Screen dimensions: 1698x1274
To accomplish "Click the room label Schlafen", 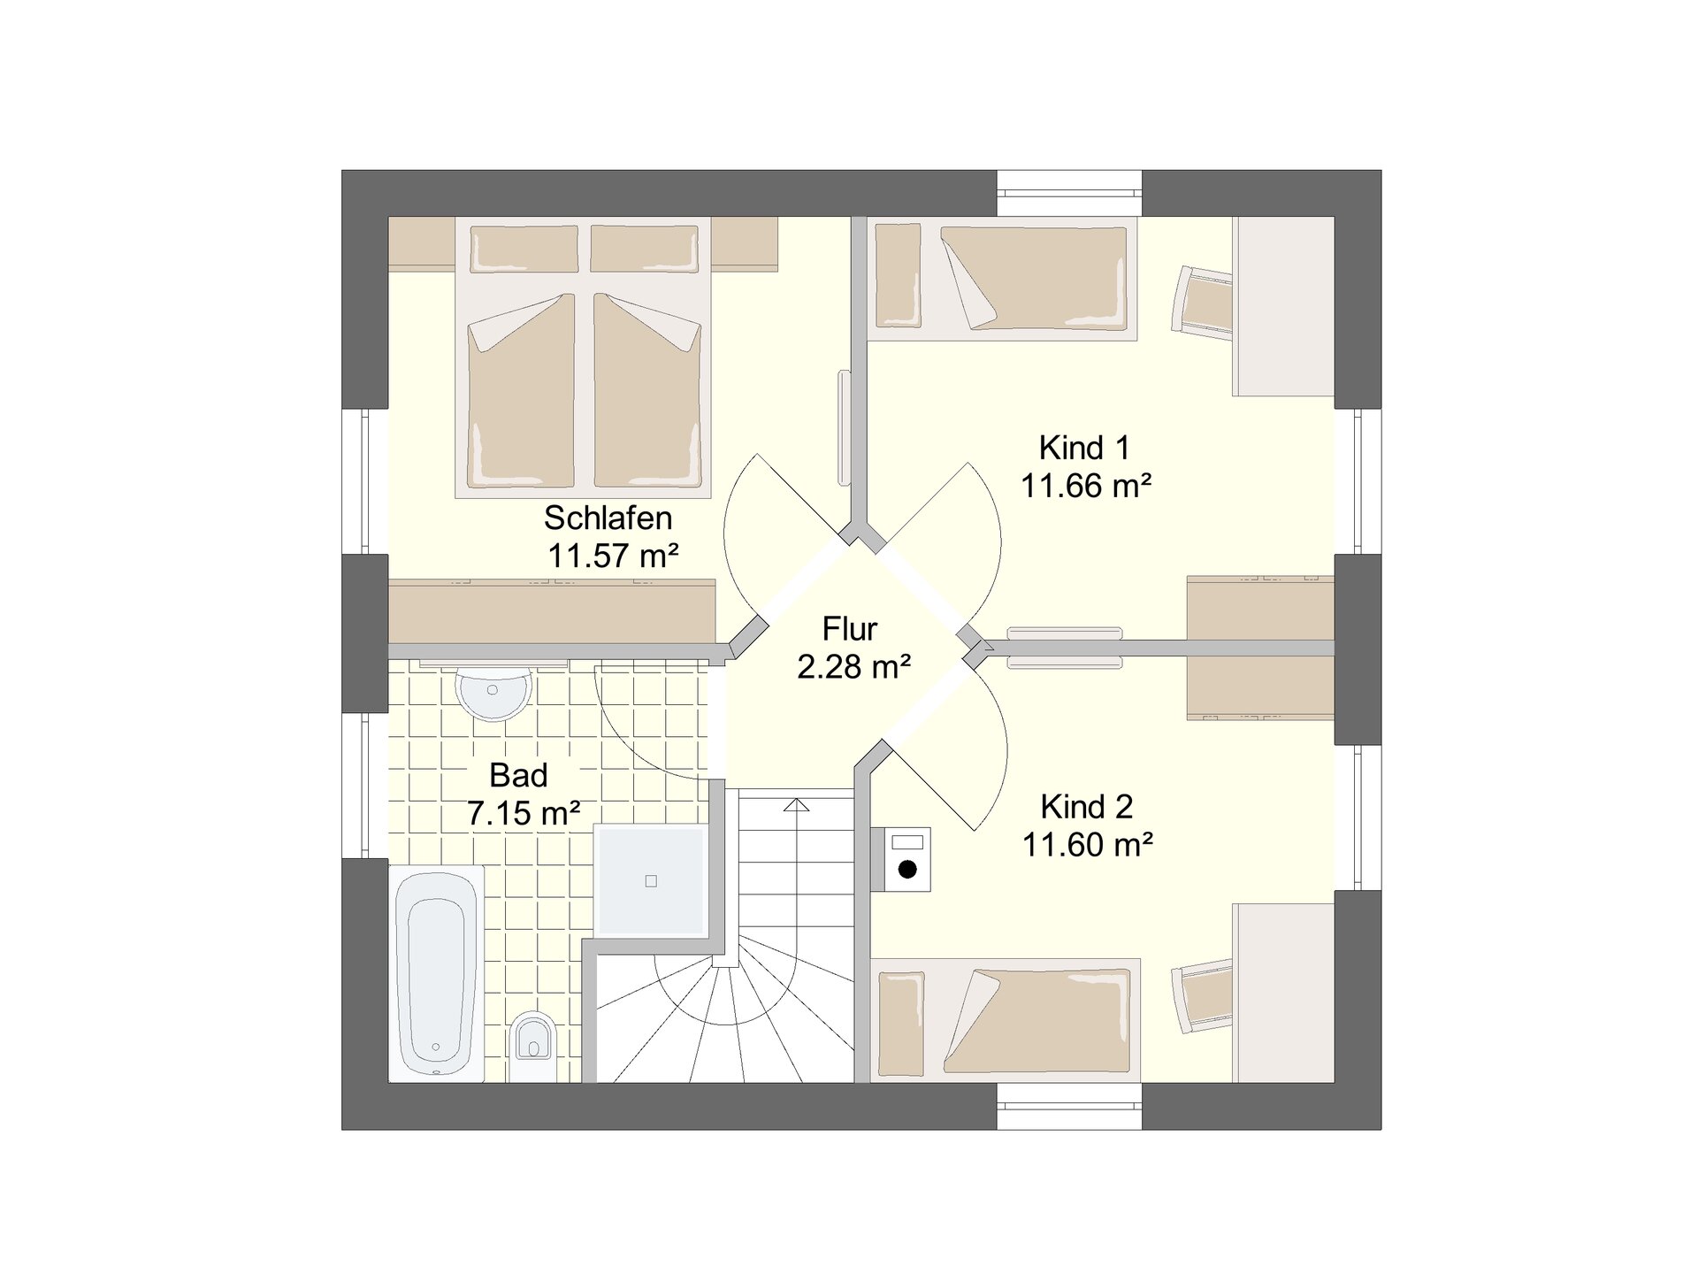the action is (x=608, y=518).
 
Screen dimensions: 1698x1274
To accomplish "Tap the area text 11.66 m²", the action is (x=1086, y=486).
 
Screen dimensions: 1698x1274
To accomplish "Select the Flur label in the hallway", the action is (x=850, y=629).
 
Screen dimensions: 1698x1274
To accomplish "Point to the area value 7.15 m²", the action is (x=524, y=813).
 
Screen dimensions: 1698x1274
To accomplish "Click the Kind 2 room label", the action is (x=1087, y=807).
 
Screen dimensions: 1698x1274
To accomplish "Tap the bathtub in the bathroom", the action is (x=437, y=973).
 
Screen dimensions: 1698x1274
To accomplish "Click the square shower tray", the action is (x=651, y=881).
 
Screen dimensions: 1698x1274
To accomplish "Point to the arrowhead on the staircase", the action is (x=797, y=804).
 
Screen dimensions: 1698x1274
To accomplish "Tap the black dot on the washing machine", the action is (x=907, y=870).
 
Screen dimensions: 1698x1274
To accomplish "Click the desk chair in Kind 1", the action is (x=1202, y=302).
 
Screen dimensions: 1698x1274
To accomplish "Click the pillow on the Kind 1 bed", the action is (x=899, y=275).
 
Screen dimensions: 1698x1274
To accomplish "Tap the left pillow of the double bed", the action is (x=524, y=249).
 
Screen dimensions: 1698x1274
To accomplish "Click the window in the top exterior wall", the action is (x=1069, y=193).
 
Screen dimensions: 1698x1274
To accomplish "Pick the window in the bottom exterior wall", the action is (x=1069, y=1106).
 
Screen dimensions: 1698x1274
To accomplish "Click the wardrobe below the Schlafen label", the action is (x=552, y=610).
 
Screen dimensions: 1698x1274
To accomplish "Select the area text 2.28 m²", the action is (x=853, y=667).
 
